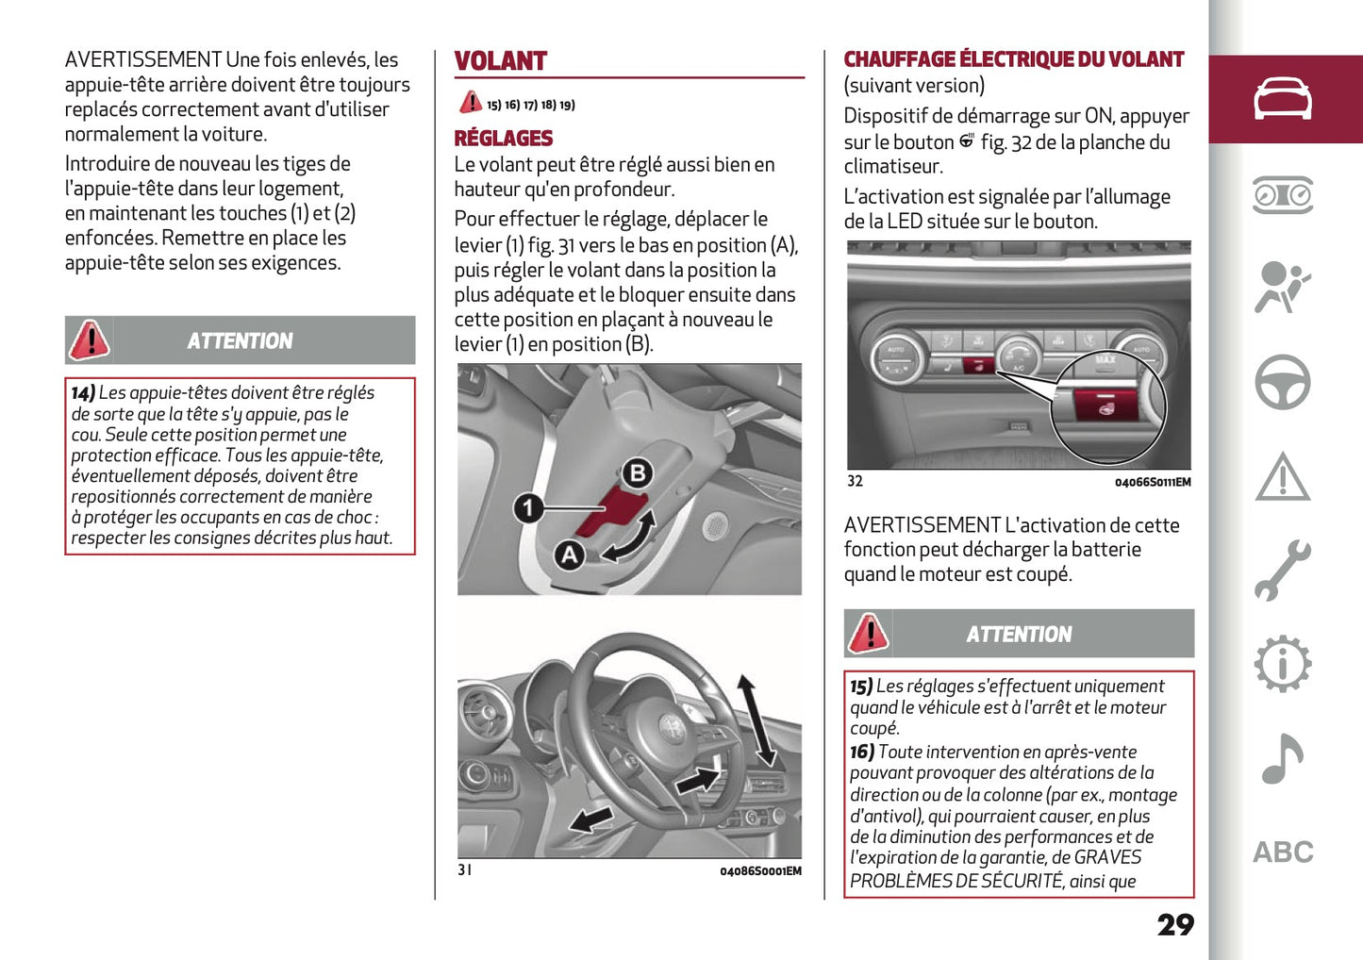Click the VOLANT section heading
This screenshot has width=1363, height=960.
tap(500, 61)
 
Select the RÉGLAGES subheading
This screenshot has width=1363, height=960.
tap(503, 139)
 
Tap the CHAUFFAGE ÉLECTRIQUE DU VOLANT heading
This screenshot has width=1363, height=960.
tap(1013, 59)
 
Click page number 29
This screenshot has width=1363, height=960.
tap(1175, 924)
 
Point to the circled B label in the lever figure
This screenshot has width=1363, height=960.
tap(638, 472)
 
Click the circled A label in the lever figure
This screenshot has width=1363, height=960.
tap(569, 554)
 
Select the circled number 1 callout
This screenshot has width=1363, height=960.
tap(528, 508)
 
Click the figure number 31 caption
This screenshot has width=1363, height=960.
tap(464, 869)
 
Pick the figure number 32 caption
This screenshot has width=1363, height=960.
tap(855, 481)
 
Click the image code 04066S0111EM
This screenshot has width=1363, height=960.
tap(1152, 483)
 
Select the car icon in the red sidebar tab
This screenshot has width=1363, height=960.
tap(1282, 99)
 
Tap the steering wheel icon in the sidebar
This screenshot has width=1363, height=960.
tap(1282, 382)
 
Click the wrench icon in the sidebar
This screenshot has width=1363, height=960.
tap(1282, 571)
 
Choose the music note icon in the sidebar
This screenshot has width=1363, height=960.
tap(1282, 758)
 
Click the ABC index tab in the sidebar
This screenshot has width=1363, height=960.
tap(1282, 852)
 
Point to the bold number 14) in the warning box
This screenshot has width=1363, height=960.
tap(83, 393)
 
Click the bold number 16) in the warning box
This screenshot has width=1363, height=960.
tap(861, 752)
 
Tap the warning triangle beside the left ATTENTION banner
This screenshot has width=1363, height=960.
tap(90, 340)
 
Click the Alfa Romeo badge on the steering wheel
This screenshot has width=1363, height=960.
tap(673, 727)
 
